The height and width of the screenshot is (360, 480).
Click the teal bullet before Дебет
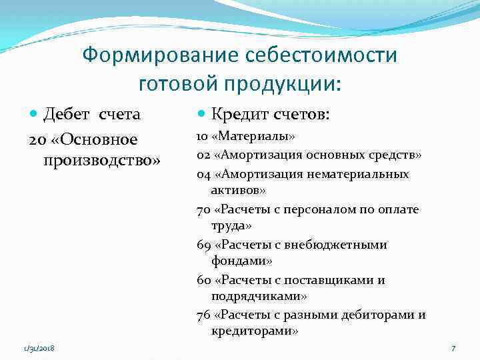tap(35, 115)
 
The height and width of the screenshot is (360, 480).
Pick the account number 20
tap(37, 139)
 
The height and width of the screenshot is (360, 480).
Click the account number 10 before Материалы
tap(202, 137)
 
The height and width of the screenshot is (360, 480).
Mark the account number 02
tap(203, 155)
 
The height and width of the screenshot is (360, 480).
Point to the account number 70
tap(203, 209)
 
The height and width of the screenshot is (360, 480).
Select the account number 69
tap(203, 245)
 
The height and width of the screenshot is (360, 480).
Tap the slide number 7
tap(453, 348)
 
